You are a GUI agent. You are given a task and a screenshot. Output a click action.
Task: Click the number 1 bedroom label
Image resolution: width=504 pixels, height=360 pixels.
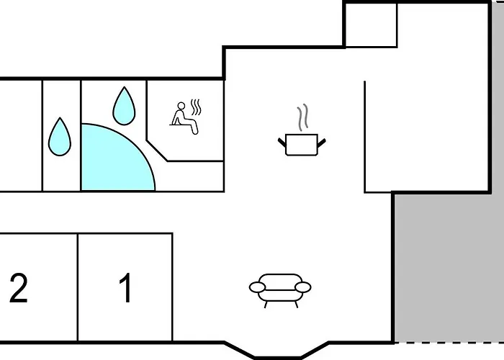coord(125,288)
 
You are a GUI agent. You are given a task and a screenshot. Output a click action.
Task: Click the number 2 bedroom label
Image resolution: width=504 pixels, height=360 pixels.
coord(18,288)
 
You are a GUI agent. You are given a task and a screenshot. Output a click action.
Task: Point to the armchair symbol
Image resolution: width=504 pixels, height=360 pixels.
coord(280,288)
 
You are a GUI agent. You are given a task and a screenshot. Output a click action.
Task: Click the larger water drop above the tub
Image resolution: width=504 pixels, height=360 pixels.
coord(124,105)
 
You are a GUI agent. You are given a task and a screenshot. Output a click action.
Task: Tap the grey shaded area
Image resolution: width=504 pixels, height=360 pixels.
coord(448,266)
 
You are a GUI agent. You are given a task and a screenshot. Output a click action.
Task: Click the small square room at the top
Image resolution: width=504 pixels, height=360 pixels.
coord(371,25)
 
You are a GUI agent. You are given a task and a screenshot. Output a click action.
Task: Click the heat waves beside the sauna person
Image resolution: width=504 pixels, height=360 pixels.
coord(197,109)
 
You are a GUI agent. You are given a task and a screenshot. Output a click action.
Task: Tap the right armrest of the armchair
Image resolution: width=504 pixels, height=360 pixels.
coord(303,287)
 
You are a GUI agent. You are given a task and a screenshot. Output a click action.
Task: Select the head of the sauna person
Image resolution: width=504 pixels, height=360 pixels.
coord(180,107)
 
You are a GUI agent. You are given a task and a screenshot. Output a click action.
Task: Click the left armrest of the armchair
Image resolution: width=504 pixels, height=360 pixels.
coord(258,288)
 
